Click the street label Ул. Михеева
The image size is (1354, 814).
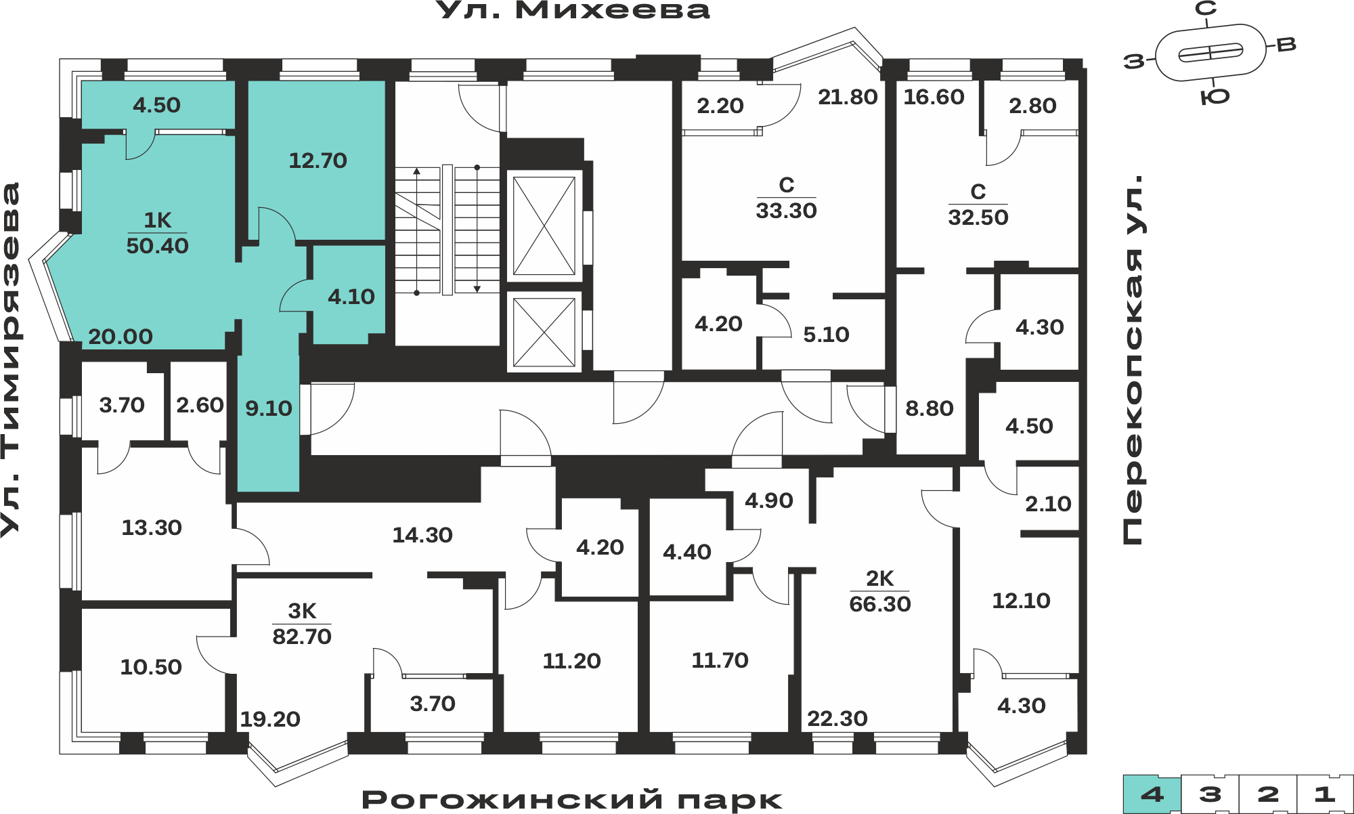[573, 10]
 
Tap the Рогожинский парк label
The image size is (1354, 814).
[572, 800]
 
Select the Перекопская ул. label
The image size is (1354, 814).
[1133, 360]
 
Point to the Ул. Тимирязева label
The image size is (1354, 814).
[11, 360]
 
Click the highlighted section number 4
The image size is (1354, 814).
[1152, 794]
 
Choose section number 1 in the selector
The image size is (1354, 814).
[1325, 794]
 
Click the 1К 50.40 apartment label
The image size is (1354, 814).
[158, 233]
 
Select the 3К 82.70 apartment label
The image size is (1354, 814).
[302, 624]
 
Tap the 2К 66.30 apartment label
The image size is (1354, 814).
[880, 591]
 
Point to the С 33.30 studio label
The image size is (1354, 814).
[787, 198]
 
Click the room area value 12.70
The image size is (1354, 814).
[318, 160]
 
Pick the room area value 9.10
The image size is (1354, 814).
[269, 408]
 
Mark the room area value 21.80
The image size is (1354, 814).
[848, 97]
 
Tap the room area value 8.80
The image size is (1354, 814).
[930, 408]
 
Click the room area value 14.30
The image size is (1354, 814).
[422, 535]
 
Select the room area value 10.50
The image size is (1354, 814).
[151, 667]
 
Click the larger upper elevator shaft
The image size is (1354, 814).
[544, 226]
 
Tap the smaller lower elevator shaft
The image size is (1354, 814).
[544, 332]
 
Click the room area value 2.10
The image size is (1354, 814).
[1048, 504]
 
